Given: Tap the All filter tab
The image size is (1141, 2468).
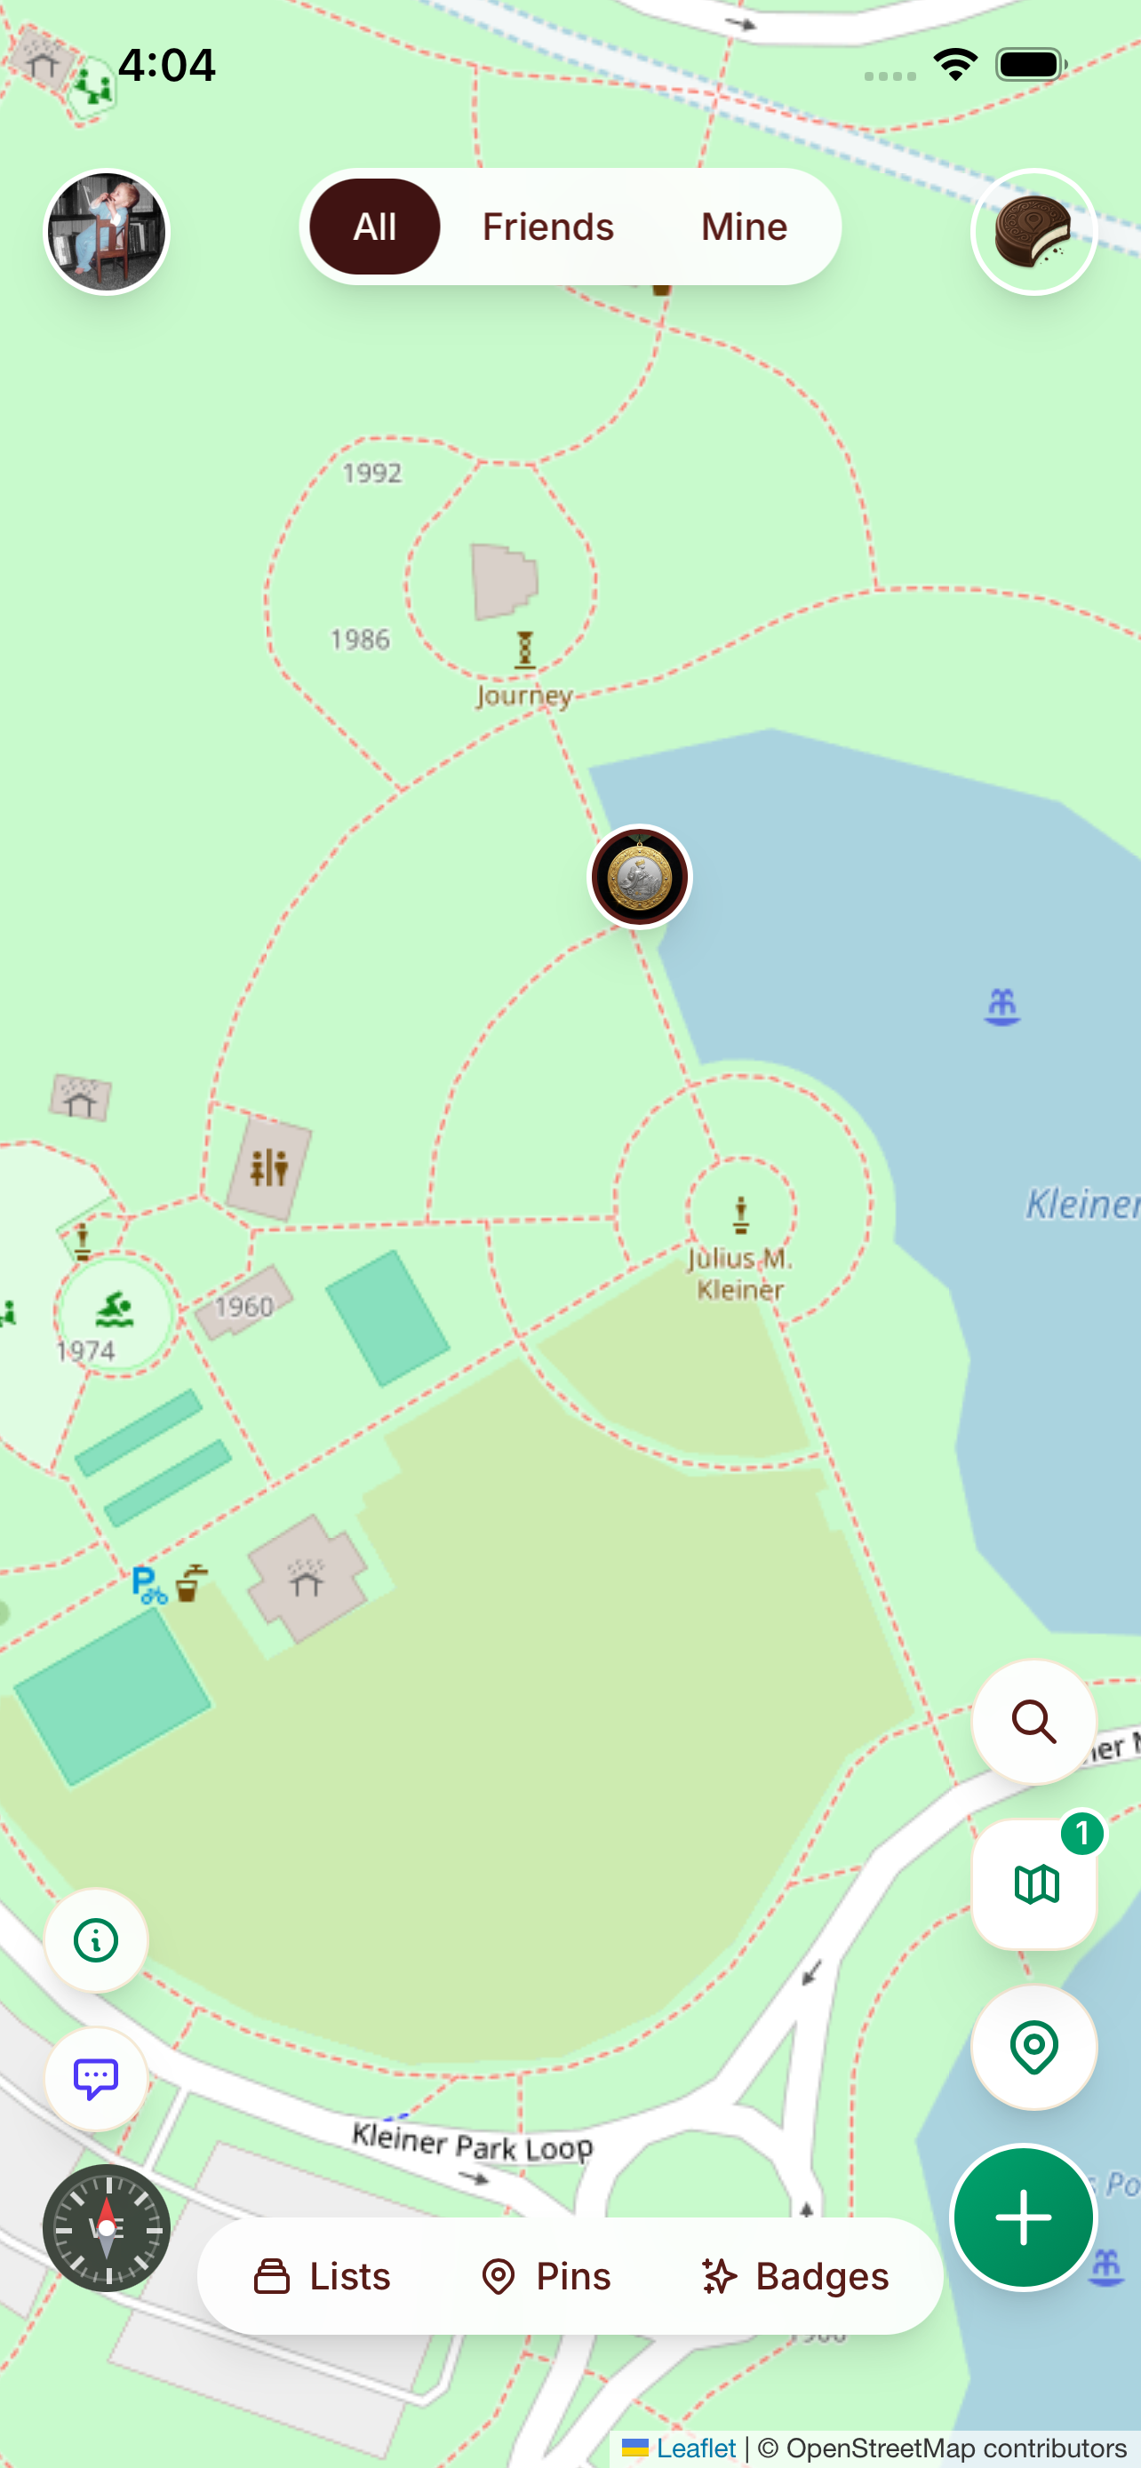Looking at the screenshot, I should click(x=375, y=227).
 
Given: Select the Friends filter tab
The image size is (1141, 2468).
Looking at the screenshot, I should click(x=548, y=227).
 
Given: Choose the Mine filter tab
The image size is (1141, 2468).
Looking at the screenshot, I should click(x=744, y=227).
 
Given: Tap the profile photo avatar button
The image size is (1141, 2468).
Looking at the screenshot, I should click(x=108, y=232).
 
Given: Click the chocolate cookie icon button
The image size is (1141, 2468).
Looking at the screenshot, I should click(x=1033, y=232).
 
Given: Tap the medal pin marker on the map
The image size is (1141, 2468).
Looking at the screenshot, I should click(x=639, y=876).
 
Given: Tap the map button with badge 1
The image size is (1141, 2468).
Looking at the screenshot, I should click(x=1033, y=1883).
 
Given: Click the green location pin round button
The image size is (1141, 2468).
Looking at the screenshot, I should click(x=1033, y=2046).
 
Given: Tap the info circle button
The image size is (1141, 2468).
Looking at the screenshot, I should click(x=96, y=1941).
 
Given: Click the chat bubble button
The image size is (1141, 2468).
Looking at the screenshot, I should click(x=96, y=2078).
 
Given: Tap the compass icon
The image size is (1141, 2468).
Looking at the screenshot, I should click(x=107, y=2228).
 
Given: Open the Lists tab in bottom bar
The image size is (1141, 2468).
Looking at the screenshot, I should click(x=322, y=2276).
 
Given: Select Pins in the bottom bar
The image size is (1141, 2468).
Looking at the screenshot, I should click(x=547, y=2276).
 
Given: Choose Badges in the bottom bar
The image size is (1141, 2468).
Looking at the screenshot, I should click(x=795, y=2276).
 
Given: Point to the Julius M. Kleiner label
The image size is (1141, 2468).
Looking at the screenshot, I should click(x=739, y=1273).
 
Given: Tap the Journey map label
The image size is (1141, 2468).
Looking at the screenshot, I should click(x=524, y=695).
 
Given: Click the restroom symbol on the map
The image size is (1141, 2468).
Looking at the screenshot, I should click(x=269, y=1168).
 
